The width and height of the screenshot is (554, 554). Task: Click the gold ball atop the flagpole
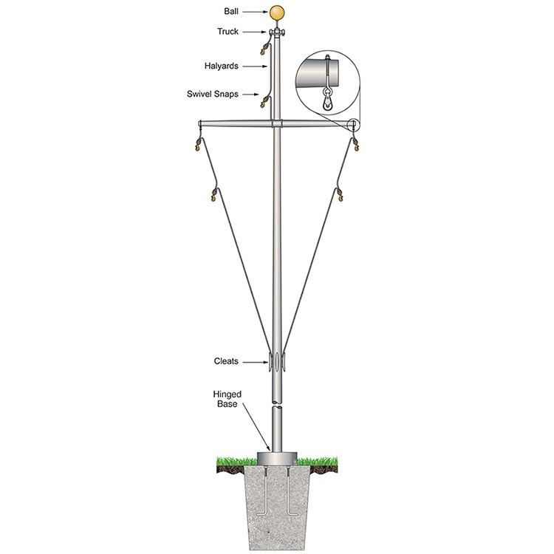pos(278,13)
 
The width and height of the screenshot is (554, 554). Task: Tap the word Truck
pos(228,31)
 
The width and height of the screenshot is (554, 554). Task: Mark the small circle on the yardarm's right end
pos(353,123)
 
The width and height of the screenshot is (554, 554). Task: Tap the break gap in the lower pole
pos(277,402)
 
